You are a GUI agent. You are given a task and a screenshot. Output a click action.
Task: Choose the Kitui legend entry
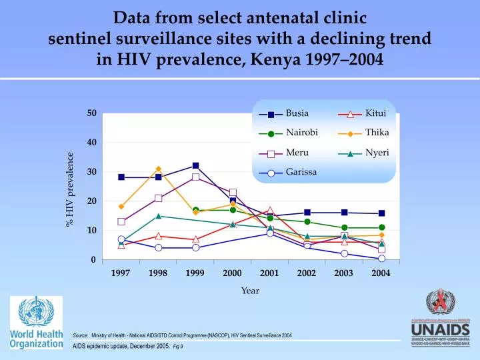click(375, 113)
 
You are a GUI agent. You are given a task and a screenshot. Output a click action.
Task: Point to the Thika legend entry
click(377, 133)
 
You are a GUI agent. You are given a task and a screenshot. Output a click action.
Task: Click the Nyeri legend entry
click(377, 153)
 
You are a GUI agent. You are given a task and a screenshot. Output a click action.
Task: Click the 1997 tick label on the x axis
click(121, 273)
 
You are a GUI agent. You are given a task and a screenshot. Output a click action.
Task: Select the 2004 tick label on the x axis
click(381, 273)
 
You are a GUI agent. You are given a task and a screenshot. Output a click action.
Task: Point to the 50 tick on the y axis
click(91, 113)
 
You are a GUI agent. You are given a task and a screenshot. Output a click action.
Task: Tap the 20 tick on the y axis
click(91, 201)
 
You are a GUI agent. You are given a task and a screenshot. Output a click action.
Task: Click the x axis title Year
click(250, 291)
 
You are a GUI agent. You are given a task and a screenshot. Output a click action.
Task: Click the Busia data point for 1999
click(195, 165)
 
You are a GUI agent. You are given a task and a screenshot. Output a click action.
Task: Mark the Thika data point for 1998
click(158, 169)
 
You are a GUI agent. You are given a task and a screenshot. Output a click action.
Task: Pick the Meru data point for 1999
click(195, 177)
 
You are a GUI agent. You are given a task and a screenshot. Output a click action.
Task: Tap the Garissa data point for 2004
click(381, 259)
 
